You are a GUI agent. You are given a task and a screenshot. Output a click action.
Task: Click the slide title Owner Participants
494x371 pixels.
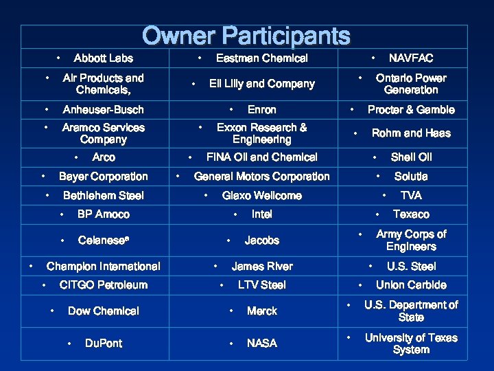click(246, 36)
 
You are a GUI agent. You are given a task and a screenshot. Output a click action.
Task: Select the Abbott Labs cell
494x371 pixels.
click(103, 58)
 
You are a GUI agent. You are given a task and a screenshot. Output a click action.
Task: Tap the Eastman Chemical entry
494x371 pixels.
click(261, 58)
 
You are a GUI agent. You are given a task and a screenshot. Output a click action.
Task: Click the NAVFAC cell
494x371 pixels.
click(410, 58)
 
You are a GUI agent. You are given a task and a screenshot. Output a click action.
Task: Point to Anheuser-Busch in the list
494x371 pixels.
click(103, 110)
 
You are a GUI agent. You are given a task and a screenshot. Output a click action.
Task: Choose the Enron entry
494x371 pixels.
click(261, 110)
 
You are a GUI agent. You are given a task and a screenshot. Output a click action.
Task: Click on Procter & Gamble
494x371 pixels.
click(410, 110)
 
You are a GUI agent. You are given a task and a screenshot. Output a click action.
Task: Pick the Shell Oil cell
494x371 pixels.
click(410, 157)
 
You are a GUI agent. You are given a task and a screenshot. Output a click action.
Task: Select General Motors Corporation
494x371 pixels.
click(261, 177)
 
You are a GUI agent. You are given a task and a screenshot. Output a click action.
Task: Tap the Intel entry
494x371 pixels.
click(261, 214)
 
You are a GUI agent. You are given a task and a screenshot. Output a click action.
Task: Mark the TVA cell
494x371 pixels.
click(410, 196)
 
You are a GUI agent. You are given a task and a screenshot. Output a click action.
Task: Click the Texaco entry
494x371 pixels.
click(410, 214)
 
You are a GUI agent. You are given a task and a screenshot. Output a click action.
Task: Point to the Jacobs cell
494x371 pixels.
click(261, 240)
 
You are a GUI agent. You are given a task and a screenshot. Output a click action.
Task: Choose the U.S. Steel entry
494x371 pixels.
click(410, 267)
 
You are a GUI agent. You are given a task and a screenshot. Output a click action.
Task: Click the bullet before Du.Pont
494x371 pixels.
click(69, 343)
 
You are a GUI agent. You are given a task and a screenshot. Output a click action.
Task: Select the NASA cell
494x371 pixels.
click(261, 343)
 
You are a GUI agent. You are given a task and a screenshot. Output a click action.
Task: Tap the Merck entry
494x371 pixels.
click(261, 311)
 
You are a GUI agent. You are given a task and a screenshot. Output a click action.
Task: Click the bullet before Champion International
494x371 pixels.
click(32, 265)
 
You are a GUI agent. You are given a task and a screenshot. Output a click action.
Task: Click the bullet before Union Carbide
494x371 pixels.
click(359, 284)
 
